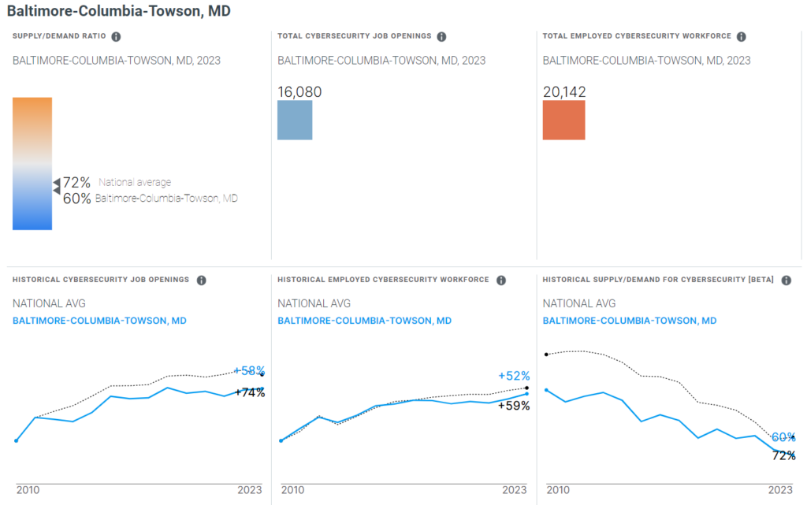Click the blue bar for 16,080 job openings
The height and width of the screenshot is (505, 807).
point(295,120)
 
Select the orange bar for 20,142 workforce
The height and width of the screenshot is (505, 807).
point(563,120)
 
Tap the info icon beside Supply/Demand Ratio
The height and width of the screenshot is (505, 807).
point(116,36)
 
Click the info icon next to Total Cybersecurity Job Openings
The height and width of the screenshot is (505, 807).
point(441,36)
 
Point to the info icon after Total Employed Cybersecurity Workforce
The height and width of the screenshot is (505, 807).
point(742,36)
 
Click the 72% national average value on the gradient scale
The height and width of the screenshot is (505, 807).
point(76,183)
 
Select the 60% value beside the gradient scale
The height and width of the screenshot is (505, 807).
point(76,199)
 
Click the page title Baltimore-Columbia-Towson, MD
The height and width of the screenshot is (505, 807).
point(119,12)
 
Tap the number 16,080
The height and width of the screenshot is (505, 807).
point(299,92)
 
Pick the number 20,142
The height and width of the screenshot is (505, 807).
point(564,92)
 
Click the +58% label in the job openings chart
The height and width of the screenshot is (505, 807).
point(249,370)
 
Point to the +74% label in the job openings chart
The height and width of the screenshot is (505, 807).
point(250,392)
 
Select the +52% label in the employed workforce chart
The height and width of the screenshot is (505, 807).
point(514,376)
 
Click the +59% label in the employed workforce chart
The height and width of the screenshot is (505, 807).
point(514,406)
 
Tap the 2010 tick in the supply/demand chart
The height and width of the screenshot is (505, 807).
point(558,490)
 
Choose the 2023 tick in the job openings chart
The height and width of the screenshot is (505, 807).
point(250,490)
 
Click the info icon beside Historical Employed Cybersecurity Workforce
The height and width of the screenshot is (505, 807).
point(501,280)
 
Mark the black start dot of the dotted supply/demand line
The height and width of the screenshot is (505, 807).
point(546,355)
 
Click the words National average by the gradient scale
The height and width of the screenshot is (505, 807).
point(135,183)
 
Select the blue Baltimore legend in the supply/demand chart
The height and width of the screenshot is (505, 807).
point(630,321)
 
